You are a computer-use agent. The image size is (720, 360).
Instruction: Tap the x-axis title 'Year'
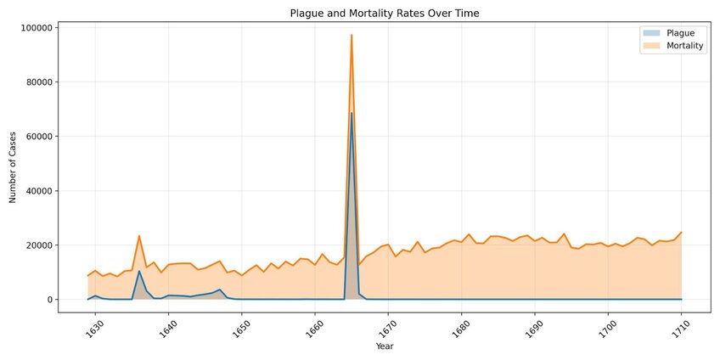[x=384, y=346]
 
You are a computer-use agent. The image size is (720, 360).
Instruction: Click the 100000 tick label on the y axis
[x=38, y=28]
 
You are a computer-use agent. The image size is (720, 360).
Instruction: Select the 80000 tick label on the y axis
[x=41, y=82]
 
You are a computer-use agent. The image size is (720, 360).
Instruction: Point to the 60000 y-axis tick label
[x=41, y=137]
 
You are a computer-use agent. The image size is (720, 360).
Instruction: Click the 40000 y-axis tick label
[x=41, y=191]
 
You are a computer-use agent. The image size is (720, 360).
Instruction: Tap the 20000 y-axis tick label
[x=41, y=245]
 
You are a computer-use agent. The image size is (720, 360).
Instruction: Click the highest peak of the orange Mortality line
[x=352, y=36]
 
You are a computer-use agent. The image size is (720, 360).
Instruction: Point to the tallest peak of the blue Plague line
[x=352, y=113]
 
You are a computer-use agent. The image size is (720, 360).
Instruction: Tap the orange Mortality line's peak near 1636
[x=139, y=236]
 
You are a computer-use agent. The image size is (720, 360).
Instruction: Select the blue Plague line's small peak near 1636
[x=139, y=271]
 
